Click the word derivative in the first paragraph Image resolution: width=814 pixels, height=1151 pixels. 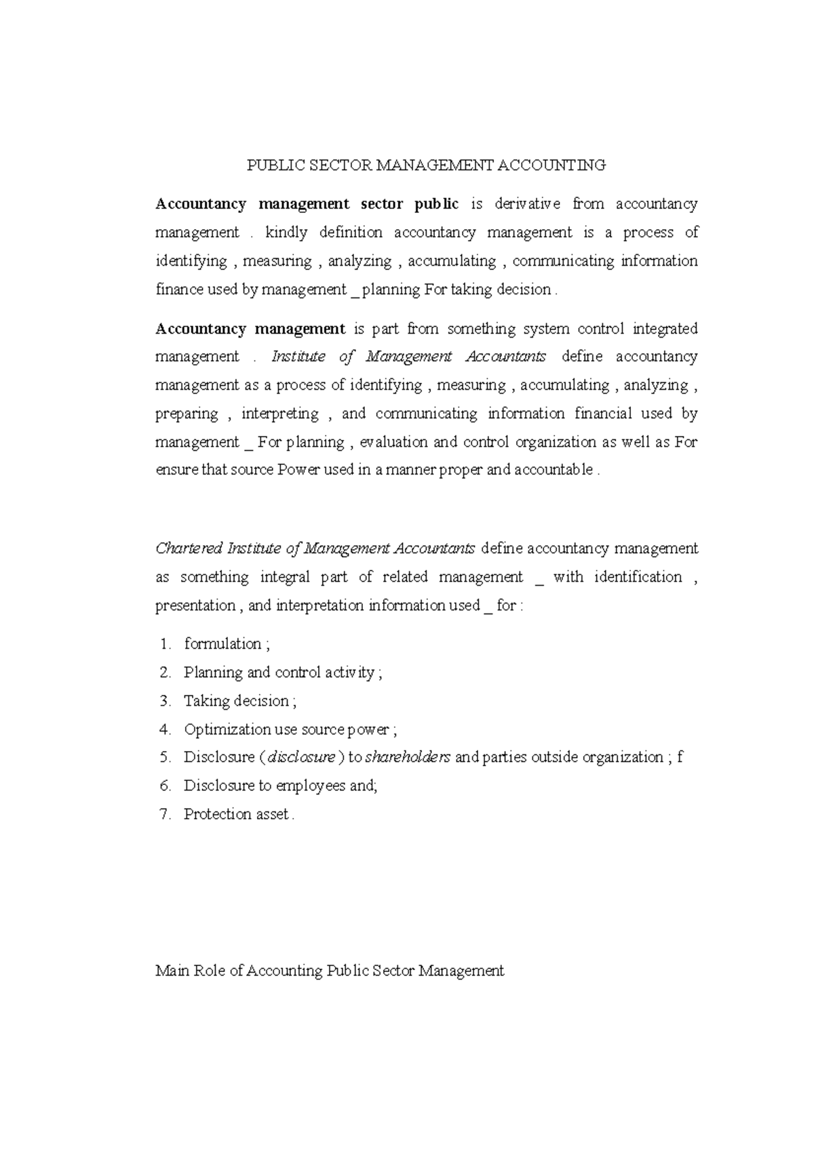tap(527, 204)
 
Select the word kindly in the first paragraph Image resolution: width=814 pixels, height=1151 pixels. tap(286, 233)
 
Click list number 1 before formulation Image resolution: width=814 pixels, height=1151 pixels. tap(166, 644)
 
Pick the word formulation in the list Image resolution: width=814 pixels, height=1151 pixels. tap(222, 644)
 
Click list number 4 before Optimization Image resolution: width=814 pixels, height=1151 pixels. tap(166, 729)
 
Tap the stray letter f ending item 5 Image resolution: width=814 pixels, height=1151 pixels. tap(680, 757)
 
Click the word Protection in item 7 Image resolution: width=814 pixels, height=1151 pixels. tap(217, 815)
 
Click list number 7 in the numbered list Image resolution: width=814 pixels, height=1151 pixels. tap(166, 815)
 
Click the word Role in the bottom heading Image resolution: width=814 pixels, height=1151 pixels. tap(209, 971)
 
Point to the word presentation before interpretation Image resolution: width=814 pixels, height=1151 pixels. tap(195, 605)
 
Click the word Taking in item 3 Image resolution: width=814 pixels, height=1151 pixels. tap(201, 701)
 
